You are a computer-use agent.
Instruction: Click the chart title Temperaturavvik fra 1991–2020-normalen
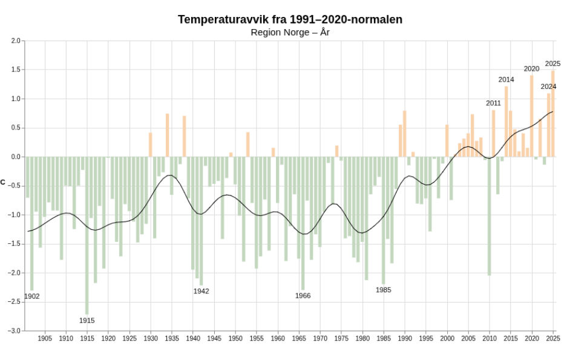(290, 19)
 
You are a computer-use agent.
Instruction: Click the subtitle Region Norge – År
(290, 32)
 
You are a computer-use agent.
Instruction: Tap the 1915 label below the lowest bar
(87, 321)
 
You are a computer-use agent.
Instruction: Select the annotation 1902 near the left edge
(31, 296)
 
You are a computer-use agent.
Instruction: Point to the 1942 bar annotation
(201, 291)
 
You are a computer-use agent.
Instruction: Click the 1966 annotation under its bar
(303, 296)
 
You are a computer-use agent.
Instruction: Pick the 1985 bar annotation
(383, 290)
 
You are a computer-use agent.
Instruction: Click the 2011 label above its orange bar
(493, 103)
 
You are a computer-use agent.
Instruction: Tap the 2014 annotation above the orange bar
(506, 80)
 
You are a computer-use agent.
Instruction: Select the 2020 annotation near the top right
(531, 69)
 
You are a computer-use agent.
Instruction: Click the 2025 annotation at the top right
(552, 64)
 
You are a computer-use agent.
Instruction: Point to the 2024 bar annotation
(548, 87)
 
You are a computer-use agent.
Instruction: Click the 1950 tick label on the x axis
(235, 339)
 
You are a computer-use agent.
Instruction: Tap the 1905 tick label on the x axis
(45, 339)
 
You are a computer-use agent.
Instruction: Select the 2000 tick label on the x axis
(447, 339)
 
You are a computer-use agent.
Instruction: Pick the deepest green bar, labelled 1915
(87, 235)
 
